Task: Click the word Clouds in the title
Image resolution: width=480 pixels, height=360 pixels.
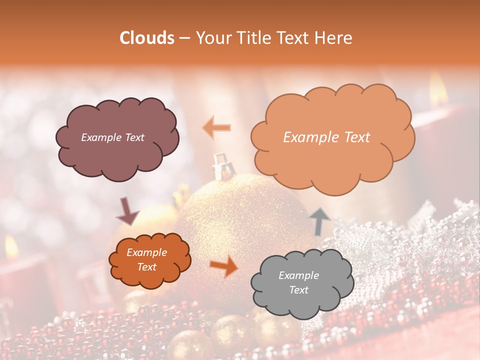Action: [x=147, y=38]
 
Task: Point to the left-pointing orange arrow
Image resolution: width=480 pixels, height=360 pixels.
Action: [x=216, y=127]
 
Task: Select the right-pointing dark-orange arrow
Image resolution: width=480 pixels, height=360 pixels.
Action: [x=224, y=265]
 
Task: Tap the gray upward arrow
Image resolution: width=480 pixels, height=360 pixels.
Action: [x=320, y=220]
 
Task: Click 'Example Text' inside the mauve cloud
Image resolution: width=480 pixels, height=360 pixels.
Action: [x=112, y=137]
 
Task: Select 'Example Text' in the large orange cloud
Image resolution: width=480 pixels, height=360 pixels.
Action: [x=326, y=137]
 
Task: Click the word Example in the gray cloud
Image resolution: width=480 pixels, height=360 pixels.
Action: [x=298, y=275]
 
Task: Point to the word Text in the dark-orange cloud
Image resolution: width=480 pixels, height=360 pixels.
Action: [x=147, y=267]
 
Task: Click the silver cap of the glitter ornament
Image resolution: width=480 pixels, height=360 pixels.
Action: [x=220, y=167]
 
